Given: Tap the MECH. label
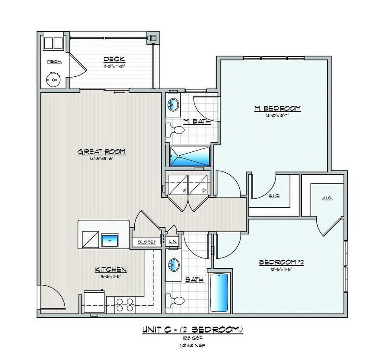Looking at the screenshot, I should (54, 62).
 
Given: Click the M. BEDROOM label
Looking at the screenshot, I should (277, 108).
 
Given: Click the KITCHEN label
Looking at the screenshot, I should (110, 269).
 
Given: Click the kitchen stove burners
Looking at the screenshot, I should (125, 304).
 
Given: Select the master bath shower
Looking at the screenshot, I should (190, 157).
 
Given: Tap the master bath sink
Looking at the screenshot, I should (174, 105).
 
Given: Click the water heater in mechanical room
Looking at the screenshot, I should (54, 79).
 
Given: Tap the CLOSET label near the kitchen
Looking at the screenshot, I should (146, 242).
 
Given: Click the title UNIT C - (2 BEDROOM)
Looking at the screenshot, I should (192, 329).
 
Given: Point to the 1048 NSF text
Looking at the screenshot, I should (192, 345).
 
